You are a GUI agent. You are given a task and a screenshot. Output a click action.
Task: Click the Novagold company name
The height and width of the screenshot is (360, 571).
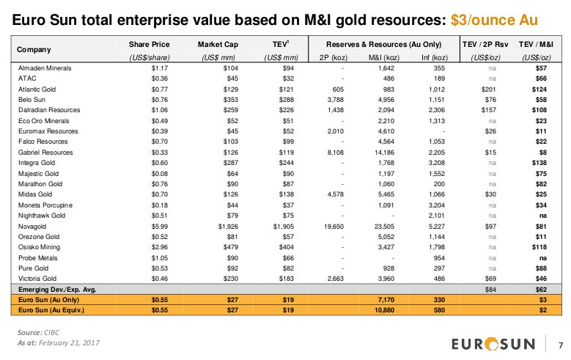click(x=33, y=227)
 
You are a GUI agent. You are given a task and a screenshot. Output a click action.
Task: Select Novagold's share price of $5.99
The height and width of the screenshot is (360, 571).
click(x=159, y=227)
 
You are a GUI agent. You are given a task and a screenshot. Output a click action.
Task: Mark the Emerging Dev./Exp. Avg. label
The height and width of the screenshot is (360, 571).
click(x=57, y=290)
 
